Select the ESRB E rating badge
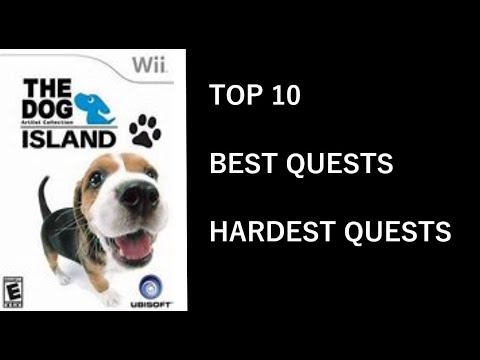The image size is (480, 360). tap(13, 291)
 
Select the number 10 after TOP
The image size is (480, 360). tap(284, 96)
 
